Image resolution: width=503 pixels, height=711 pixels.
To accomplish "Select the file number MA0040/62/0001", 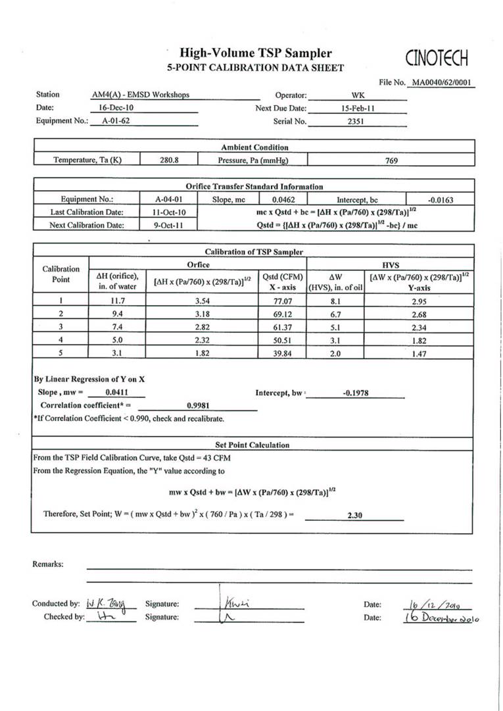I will [x=442, y=83].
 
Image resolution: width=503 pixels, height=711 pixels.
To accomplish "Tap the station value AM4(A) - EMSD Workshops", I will [x=141, y=95].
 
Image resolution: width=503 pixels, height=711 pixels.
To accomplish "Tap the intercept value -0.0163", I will [x=440, y=199].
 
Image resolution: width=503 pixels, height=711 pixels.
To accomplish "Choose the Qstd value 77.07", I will [x=282, y=301].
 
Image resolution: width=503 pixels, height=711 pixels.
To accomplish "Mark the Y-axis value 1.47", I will [x=419, y=353].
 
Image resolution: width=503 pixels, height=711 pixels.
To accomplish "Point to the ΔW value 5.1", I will [x=335, y=327].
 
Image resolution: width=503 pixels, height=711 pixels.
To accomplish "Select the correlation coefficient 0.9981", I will [x=198, y=406].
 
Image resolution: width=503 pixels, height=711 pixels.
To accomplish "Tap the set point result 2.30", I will [x=354, y=516].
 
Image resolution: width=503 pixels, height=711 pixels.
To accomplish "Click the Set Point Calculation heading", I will [x=252, y=445].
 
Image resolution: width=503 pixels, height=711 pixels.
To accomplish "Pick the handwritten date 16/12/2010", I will [x=428, y=604].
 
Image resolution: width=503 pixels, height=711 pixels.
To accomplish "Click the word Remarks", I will [x=48, y=564].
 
